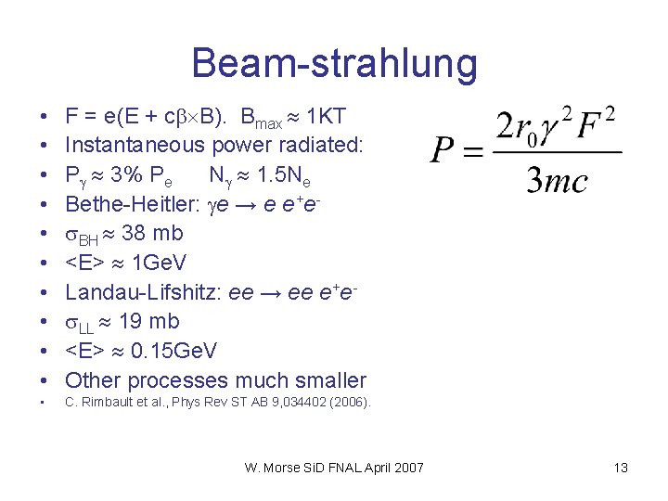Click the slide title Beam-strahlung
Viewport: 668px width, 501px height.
pos(334,63)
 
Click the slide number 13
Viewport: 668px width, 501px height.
pos(621,468)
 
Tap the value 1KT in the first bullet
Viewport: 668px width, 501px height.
pos(326,116)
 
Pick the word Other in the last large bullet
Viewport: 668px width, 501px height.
pos(94,380)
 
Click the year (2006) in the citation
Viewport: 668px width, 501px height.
pos(350,403)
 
